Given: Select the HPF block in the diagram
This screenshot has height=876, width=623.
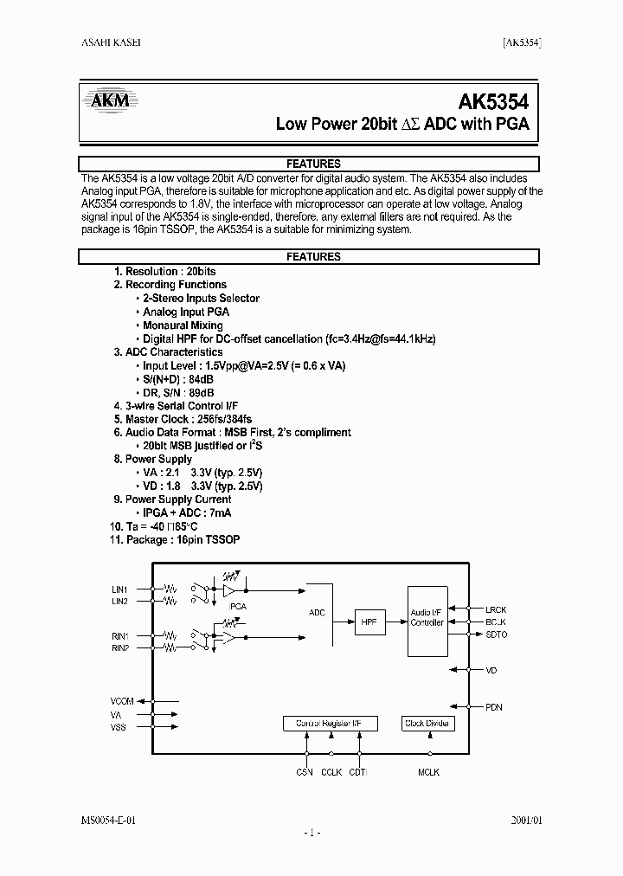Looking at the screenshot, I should [x=369, y=621].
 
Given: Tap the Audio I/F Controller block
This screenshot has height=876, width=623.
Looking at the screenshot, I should [x=427, y=617].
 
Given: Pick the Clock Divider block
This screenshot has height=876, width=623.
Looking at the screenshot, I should [x=427, y=724].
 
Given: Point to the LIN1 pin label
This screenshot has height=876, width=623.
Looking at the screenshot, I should [x=119, y=589].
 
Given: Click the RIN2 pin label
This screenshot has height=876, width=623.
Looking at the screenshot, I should [x=119, y=647].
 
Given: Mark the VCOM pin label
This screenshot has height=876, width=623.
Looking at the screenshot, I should [x=123, y=699].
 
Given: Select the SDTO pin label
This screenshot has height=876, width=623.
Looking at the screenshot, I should [x=497, y=634].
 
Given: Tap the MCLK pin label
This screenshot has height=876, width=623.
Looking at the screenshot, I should [x=428, y=772].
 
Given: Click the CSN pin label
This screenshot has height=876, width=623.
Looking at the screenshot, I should [x=304, y=772].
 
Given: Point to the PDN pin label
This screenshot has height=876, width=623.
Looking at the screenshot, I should [x=493, y=707].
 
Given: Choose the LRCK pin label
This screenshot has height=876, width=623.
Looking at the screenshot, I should [x=497, y=609].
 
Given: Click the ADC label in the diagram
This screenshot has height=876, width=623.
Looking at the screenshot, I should [x=318, y=612].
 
